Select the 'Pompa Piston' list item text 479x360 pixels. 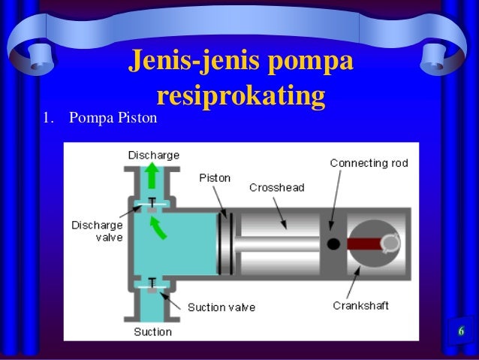[x=110, y=119]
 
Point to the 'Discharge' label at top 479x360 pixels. [x=153, y=155]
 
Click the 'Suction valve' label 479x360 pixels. [x=221, y=307]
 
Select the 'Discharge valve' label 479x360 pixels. [x=95, y=230]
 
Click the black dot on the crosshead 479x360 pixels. [x=334, y=244]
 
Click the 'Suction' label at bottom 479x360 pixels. [x=152, y=331]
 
